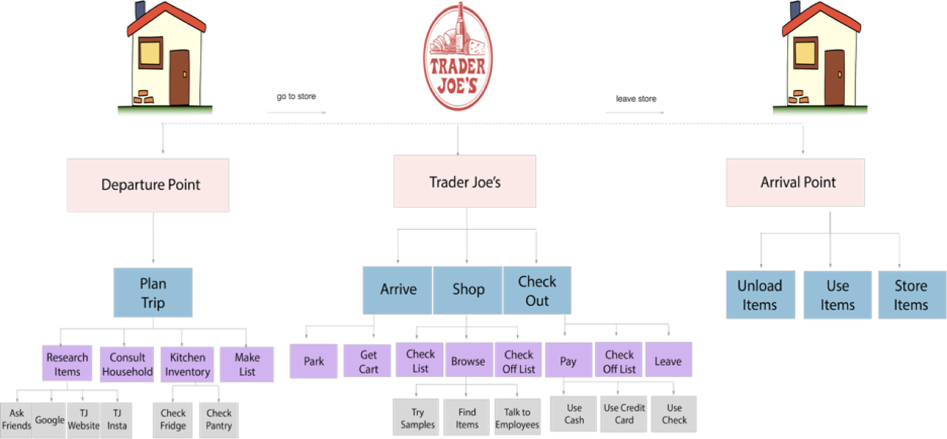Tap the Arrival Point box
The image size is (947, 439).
point(795,183)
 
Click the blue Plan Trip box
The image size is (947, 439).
point(153,293)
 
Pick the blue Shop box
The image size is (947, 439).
point(468,290)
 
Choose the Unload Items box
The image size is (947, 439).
point(760,295)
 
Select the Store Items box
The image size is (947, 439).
point(911,295)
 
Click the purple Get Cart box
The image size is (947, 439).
point(368,361)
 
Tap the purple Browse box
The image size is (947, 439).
point(468,361)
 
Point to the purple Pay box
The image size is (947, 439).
point(568,361)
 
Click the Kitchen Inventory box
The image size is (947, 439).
point(186,364)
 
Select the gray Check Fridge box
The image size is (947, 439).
point(173,419)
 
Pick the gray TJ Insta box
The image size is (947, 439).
point(116,419)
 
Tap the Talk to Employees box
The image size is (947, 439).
point(517,418)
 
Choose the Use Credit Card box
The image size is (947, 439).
point(624,414)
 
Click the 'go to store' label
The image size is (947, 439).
point(296,97)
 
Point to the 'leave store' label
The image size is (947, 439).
point(636,98)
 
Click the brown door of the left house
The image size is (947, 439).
point(179,77)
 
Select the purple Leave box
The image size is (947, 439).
point(668,361)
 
